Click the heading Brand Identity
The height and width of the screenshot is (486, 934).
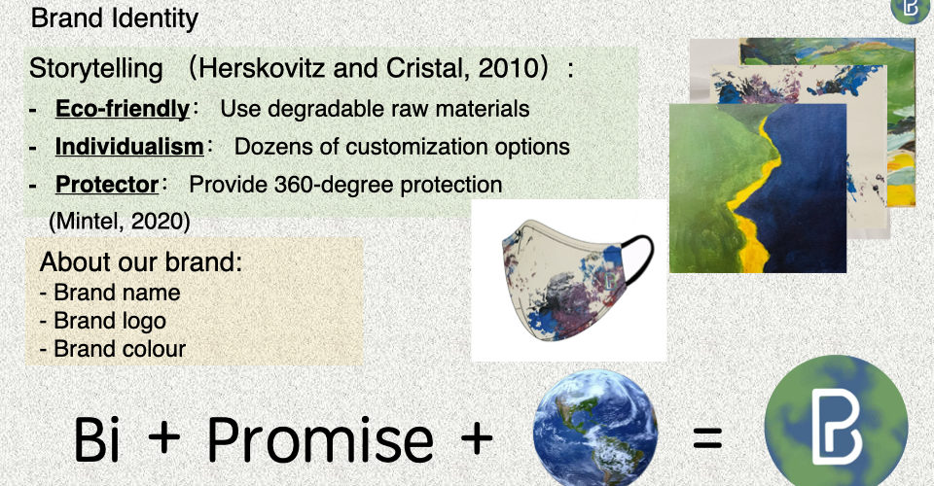(x=115, y=17)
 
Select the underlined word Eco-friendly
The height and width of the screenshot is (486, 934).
(x=123, y=109)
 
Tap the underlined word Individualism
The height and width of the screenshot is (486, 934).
(x=129, y=147)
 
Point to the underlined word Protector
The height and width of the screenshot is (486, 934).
(x=107, y=185)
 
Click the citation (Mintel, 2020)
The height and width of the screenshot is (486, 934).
(x=120, y=222)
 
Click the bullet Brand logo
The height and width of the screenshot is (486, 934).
(x=103, y=321)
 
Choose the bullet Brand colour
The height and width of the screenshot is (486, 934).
(x=113, y=349)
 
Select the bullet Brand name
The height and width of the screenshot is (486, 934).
(x=110, y=293)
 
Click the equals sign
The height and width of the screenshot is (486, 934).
(x=707, y=439)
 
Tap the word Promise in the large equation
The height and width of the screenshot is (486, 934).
(x=320, y=440)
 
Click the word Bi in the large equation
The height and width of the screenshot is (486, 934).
(x=96, y=439)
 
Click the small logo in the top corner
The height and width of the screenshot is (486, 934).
(x=912, y=10)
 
